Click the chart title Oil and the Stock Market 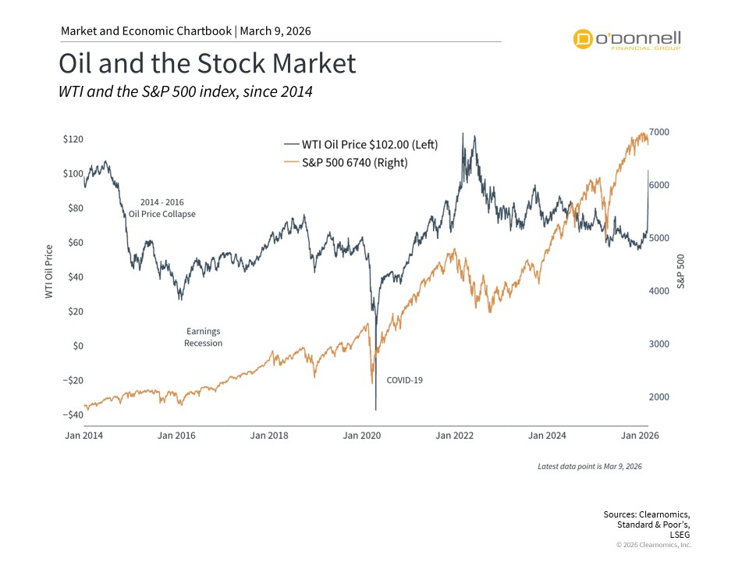coord(208,64)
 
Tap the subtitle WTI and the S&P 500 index coord(186,92)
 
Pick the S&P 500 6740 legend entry coord(346,163)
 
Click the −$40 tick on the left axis coord(73,414)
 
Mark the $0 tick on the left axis coord(77,346)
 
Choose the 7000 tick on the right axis coord(659,132)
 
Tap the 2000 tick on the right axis coord(659,397)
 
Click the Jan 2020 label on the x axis coord(361,436)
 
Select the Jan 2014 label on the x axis coord(83,436)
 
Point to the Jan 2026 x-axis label coord(640,436)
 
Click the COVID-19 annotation coord(404,381)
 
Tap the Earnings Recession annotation coord(203,337)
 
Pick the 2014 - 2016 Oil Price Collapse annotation coord(162,208)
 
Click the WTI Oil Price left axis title coord(50,272)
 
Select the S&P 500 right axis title coord(680,272)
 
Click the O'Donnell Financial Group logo coord(627,39)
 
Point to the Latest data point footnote coord(589,466)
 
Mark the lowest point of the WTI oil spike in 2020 coord(375,410)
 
